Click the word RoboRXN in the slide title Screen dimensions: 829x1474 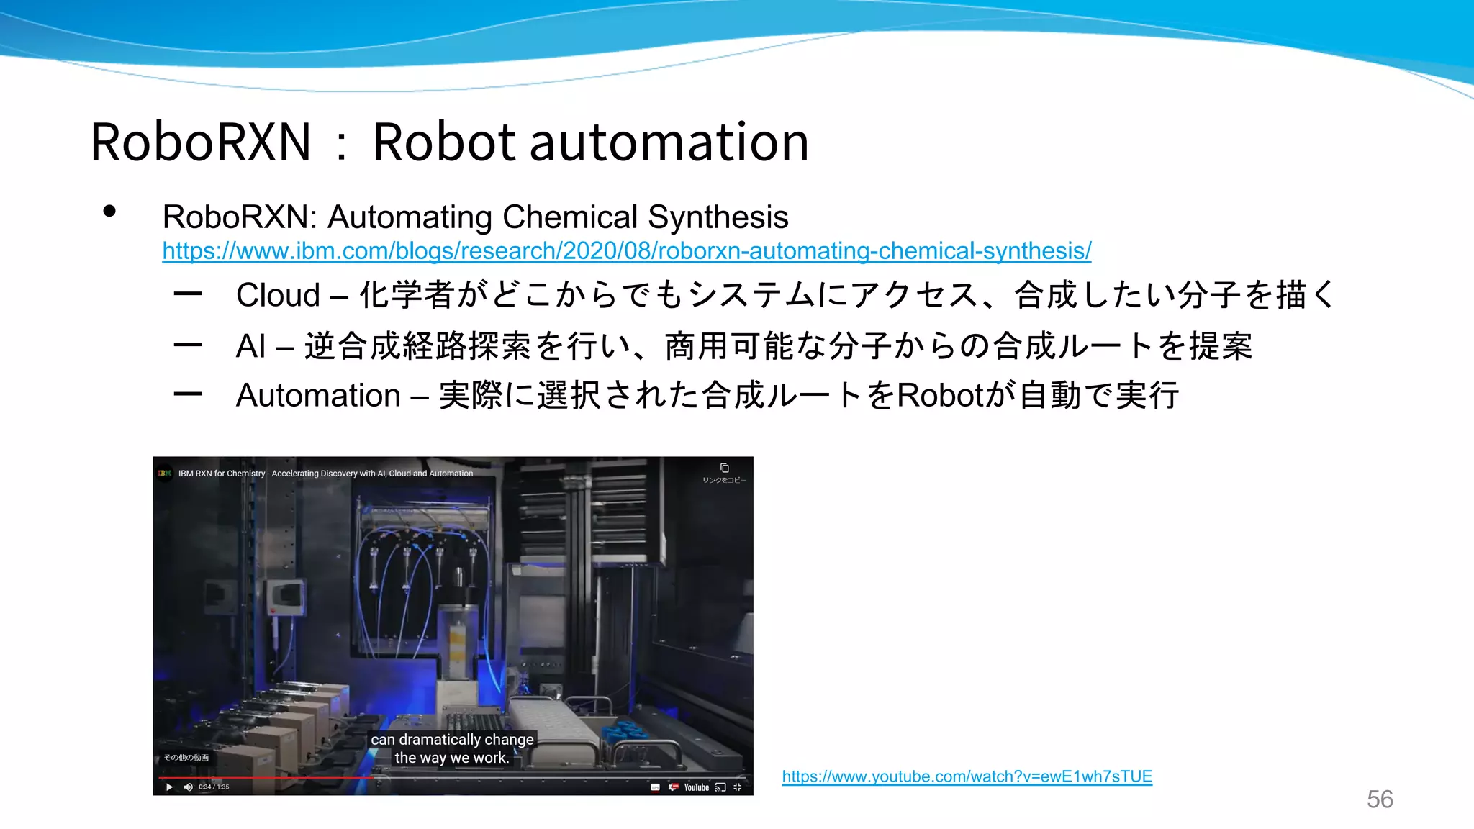coord(201,142)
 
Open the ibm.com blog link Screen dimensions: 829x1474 coord(626,251)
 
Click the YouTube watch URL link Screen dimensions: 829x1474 coord(967,776)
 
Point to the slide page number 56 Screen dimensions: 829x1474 coord(1380,799)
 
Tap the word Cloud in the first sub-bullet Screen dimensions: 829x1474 coord(278,296)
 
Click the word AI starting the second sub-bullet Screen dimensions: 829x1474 coord(251,346)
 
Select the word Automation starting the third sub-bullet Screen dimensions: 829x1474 coord(318,396)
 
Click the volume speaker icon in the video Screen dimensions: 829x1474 coord(188,787)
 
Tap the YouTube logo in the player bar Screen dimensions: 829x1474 coord(696,787)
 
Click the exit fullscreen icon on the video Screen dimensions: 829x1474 coord(737,787)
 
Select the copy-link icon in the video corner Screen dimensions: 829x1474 coord(724,468)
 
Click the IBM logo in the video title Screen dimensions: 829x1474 coord(165,474)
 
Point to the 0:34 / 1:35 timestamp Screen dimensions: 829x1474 coord(214,787)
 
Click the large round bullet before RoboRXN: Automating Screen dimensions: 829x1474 coord(109,212)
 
